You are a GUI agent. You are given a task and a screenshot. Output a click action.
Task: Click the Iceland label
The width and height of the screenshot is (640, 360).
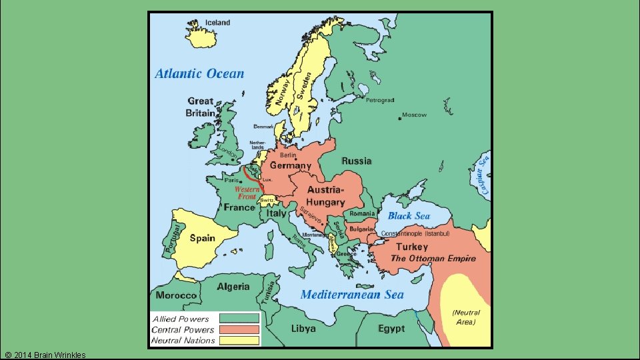[217, 22]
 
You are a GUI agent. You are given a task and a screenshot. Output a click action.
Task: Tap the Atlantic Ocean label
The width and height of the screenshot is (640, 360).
[199, 74]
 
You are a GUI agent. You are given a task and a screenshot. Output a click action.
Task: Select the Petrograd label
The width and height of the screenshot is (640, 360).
[380, 101]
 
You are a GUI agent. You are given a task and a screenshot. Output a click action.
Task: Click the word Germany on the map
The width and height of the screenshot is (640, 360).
[291, 165]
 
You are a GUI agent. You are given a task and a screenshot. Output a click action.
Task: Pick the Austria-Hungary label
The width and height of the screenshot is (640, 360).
[326, 196]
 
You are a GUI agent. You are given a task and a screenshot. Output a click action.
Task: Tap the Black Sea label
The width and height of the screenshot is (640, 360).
[409, 215]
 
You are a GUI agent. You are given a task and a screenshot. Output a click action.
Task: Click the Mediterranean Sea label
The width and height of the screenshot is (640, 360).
[352, 294]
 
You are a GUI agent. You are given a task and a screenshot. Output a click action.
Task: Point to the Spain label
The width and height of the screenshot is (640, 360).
[202, 238]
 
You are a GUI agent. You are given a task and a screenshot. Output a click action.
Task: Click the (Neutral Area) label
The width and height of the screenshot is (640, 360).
[465, 317]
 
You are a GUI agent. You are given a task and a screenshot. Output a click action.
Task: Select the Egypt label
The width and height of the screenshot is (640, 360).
[391, 329]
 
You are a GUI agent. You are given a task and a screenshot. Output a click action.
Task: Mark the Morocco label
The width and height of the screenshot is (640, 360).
[176, 295]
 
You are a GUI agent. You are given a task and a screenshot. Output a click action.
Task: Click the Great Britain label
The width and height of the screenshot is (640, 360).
[200, 107]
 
